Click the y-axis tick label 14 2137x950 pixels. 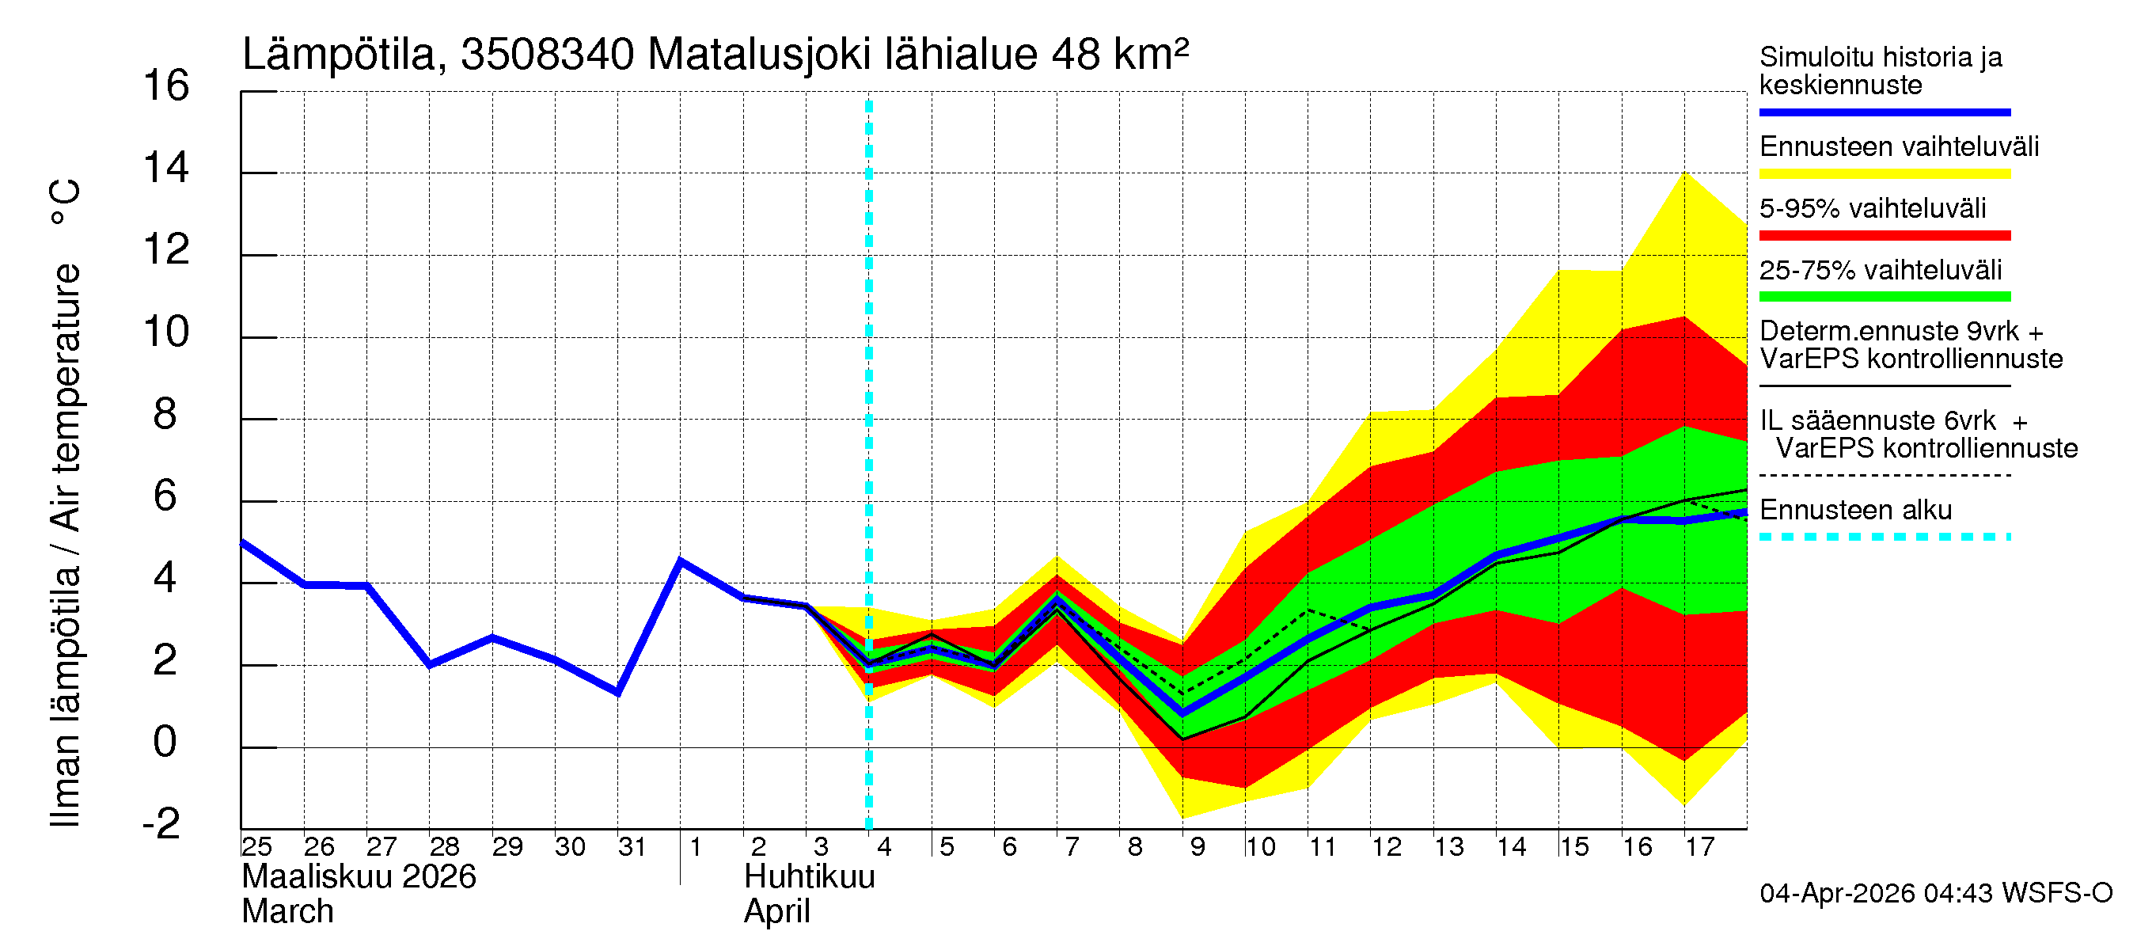point(166,169)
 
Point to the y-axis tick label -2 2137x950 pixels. point(161,824)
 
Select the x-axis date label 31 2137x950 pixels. point(632,847)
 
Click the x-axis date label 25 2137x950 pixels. point(256,847)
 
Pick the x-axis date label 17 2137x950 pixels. point(1699,847)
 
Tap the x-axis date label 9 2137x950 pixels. point(1197,847)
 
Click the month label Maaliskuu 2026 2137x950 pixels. point(359,877)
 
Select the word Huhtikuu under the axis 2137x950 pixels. point(809,877)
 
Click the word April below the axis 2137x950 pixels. point(776,912)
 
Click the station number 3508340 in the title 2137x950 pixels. point(548,55)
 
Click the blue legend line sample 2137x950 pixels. point(1884,112)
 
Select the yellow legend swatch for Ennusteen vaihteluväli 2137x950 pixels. point(1884,174)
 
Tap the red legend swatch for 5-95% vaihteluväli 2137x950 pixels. point(1884,236)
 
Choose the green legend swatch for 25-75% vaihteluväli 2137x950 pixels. point(1884,297)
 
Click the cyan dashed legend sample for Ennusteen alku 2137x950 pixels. point(1884,537)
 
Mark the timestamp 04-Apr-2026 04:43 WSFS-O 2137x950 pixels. point(1935,894)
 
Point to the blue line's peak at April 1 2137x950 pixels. point(680,560)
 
